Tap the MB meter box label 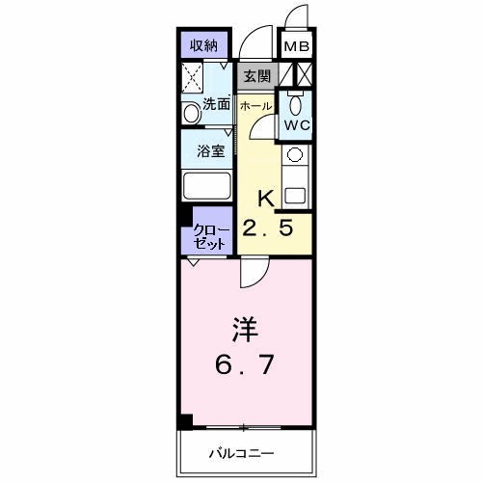[294, 44]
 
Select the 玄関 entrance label [256, 75]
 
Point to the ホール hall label [254, 104]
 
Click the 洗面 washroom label [216, 104]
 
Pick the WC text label [295, 124]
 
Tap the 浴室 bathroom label [211, 151]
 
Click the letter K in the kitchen [266, 200]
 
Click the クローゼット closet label [209, 237]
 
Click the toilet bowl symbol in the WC [295, 104]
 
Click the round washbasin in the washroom [190, 113]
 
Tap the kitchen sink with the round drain [294, 154]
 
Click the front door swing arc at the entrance [255, 43]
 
